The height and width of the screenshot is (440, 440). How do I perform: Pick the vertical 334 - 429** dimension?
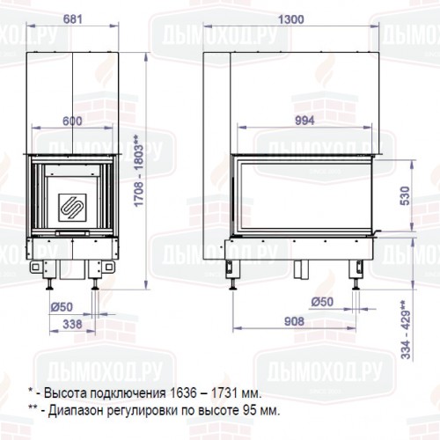coord(406,330)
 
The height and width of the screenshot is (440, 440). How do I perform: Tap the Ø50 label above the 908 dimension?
coord(326,303)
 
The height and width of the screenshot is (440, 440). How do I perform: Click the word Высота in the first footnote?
coord(62,393)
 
